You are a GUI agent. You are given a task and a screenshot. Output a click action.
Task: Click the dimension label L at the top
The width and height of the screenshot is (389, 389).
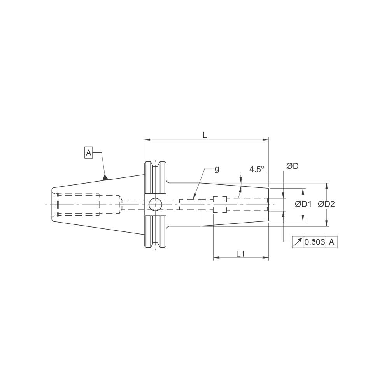(x=205, y=135)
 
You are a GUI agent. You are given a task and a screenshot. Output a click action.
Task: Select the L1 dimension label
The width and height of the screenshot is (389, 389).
(x=240, y=254)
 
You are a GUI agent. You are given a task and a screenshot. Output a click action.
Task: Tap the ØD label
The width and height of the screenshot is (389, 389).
(x=292, y=166)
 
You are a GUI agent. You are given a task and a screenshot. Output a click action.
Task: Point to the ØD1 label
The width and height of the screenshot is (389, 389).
(x=303, y=204)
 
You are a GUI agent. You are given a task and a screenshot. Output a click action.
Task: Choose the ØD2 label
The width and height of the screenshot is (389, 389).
(x=326, y=204)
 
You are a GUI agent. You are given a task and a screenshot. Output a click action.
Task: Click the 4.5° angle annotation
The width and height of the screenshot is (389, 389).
(x=257, y=169)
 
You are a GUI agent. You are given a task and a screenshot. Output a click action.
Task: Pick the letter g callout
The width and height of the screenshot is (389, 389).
(x=217, y=169)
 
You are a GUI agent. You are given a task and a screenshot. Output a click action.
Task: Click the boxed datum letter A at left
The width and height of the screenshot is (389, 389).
(x=89, y=153)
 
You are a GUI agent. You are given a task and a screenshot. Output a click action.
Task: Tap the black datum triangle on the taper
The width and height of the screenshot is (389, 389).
(x=105, y=178)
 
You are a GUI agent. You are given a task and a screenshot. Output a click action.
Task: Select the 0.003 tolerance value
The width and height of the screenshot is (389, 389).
(x=314, y=242)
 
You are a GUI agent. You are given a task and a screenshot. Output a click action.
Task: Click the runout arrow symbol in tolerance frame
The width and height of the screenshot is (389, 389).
(x=298, y=242)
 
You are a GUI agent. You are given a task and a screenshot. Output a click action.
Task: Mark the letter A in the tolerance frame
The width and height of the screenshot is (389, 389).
(x=331, y=242)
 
